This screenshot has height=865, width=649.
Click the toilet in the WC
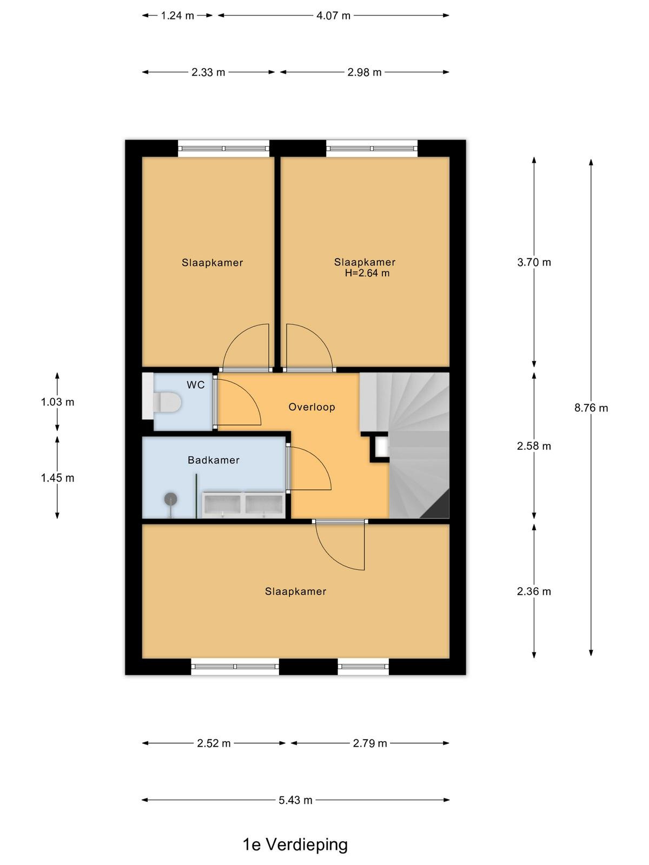[x=166, y=402]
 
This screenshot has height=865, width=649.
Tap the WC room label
[x=195, y=384]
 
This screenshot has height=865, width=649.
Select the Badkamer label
[x=213, y=460]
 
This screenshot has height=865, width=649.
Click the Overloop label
[x=312, y=407]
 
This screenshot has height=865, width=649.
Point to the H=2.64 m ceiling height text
[x=367, y=273]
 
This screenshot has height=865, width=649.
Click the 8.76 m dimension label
[x=591, y=408]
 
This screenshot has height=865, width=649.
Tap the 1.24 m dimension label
[x=177, y=16]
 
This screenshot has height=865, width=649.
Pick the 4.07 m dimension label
[x=333, y=16]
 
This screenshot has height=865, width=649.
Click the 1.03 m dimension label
[x=57, y=402]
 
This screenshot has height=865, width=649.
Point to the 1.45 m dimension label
[x=57, y=478]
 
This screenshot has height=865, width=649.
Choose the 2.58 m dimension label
[x=534, y=446]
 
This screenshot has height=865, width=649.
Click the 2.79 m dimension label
[x=369, y=743]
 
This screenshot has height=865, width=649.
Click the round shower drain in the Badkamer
[x=170, y=500]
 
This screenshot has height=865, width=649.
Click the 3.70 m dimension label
[x=534, y=262]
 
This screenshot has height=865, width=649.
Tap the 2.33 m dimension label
[x=208, y=72]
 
